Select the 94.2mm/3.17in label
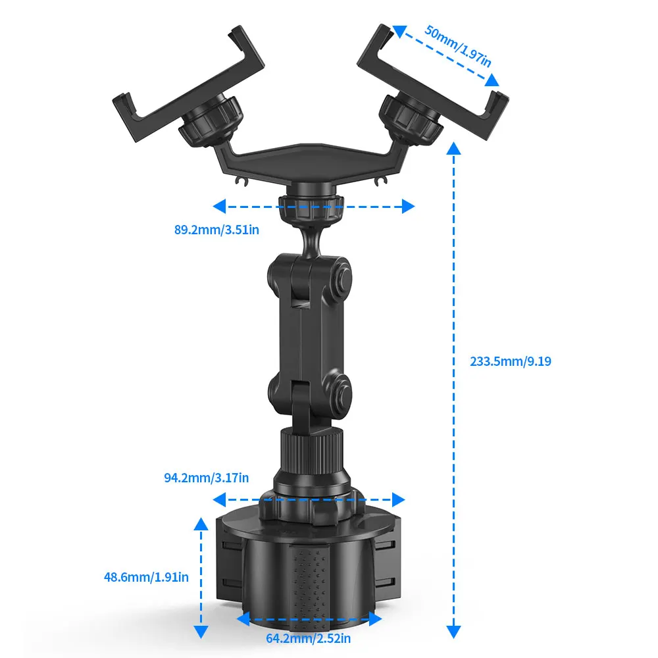[206, 478]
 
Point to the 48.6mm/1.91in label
[146, 578]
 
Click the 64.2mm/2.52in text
[308, 638]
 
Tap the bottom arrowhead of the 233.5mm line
[453, 632]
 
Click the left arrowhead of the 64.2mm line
[242, 619]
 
